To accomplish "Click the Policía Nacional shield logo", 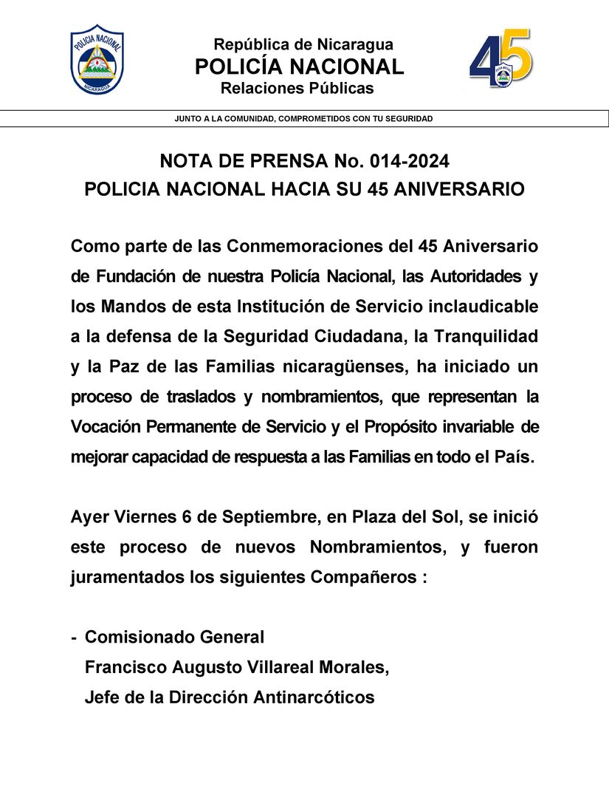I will coord(97,60).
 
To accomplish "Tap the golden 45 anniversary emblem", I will coord(500,58).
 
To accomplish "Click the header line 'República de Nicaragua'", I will coord(303,44).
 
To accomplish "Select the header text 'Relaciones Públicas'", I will coord(297,89).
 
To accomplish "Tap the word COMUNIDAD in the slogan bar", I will coord(244,119).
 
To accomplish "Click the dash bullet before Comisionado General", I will coord(74,638).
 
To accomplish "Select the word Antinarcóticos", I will coord(314,697).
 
